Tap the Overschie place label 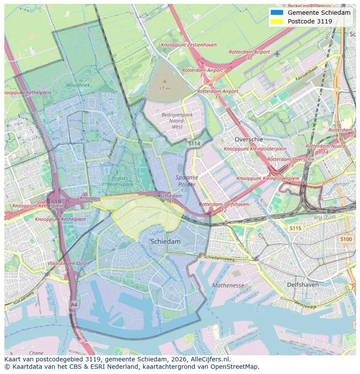(249, 139)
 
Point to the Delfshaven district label (303, 285)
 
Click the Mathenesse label (228, 285)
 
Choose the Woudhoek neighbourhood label (78, 86)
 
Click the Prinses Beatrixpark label (120, 181)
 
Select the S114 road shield (194, 143)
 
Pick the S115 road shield (295, 228)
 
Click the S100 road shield (346, 239)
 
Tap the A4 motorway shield (74, 304)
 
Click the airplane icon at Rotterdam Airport (277, 53)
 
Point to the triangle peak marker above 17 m (164, 81)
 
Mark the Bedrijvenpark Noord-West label (177, 120)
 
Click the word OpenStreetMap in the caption (237, 367)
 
